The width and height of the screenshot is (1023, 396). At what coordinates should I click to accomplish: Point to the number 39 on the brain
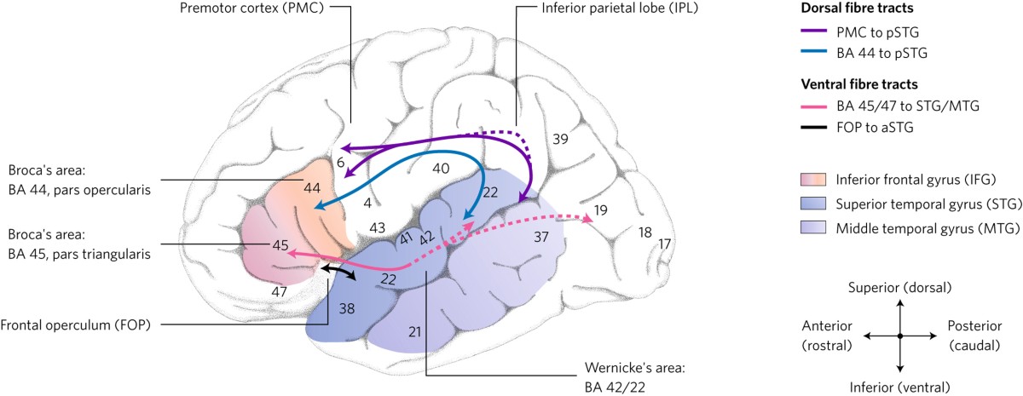coord(561,138)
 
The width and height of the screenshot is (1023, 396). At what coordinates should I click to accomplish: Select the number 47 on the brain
coord(279,292)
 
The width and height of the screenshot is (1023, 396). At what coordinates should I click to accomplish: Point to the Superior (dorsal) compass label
coord(899,287)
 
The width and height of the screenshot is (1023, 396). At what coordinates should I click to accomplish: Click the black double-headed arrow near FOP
coord(338,272)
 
